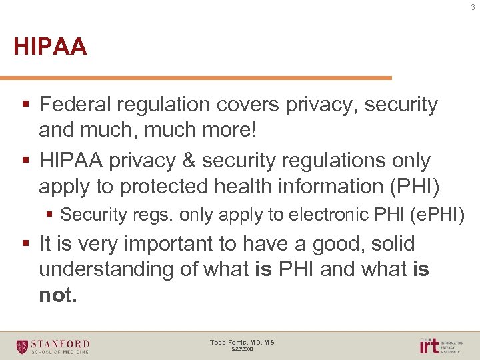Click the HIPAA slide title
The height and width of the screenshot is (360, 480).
[x=50, y=47]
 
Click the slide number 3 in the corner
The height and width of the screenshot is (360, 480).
[x=473, y=7]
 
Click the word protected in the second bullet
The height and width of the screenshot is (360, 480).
[x=167, y=186]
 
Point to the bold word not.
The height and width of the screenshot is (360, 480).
[x=58, y=295]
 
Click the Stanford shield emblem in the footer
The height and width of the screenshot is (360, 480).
[x=23, y=346]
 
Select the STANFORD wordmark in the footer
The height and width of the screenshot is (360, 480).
[x=61, y=343]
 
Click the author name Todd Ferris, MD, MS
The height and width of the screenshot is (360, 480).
[x=242, y=342]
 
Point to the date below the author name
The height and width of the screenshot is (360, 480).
[x=242, y=349]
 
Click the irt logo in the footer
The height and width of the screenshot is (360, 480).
[x=429, y=345]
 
